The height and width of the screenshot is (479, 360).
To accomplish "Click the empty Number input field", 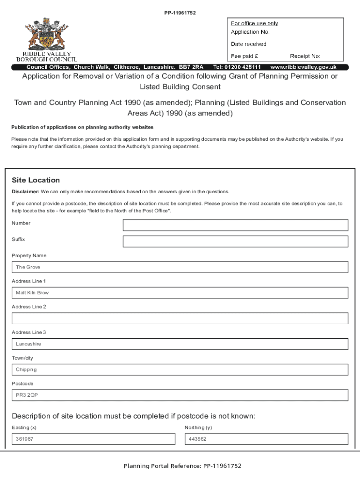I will pyautogui.click(x=235, y=225).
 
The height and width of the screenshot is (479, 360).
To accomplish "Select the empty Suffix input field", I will pyautogui.click(x=235, y=241).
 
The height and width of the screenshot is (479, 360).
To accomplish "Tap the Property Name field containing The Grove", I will pyautogui.click(x=180, y=267).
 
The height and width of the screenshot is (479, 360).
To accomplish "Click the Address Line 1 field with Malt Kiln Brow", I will pyautogui.click(x=180, y=293).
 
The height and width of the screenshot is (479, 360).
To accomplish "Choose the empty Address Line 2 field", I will pyautogui.click(x=180, y=319).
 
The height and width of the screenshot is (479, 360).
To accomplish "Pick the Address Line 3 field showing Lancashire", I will pyautogui.click(x=180, y=344).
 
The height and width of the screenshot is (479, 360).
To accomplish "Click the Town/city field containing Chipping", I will pyautogui.click(x=180, y=370).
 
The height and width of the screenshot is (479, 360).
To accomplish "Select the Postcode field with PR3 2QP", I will pyautogui.click(x=180, y=395).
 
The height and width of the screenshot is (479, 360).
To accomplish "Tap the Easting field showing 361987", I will pyautogui.click(x=94, y=439).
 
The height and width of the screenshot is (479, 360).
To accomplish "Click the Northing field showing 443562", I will pyautogui.click(x=266, y=439).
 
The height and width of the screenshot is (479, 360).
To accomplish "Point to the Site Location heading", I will pyautogui.click(x=36, y=180).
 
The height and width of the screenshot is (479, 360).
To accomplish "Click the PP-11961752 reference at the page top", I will pyautogui.click(x=180, y=13).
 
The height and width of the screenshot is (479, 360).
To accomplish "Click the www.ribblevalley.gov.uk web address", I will pyautogui.click(x=303, y=67).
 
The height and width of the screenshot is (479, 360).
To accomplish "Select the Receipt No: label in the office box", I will pyautogui.click(x=305, y=56).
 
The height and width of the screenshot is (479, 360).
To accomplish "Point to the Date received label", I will pyautogui.click(x=249, y=44).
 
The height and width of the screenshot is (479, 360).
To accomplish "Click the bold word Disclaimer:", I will pyautogui.click(x=25, y=192).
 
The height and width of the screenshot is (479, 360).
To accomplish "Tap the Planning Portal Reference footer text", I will pyautogui.click(x=182, y=466).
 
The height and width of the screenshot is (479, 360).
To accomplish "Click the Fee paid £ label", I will pyautogui.click(x=245, y=56).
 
